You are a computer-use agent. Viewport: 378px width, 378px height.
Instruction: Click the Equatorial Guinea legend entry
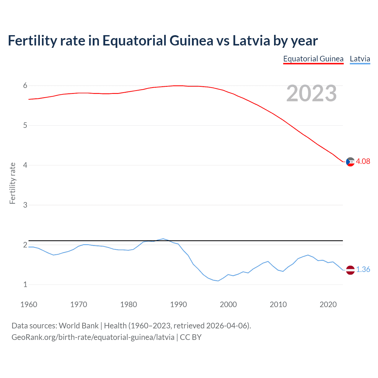point(313,59)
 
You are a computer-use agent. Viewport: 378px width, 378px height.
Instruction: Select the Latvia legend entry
point(360,59)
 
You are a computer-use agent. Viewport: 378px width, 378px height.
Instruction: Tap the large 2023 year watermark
point(312,93)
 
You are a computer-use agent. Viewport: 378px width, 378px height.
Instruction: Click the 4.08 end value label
point(363,161)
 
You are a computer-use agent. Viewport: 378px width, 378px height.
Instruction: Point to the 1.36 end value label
point(363,269)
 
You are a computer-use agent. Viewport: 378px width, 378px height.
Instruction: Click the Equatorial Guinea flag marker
point(350,162)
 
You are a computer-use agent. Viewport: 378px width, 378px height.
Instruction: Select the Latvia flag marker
point(350,270)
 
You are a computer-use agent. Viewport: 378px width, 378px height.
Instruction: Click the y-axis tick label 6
point(25,86)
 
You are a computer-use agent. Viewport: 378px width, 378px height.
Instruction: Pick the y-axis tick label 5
point(25,126)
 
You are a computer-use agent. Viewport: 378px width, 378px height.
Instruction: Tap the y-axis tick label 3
point(25,205)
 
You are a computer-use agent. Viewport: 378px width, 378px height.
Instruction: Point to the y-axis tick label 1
point(25,285)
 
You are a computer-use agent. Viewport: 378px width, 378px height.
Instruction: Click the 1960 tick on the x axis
point(29,304)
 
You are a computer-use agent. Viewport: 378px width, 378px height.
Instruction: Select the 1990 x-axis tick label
point(178,304)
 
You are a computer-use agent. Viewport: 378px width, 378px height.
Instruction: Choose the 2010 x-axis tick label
point(278,304)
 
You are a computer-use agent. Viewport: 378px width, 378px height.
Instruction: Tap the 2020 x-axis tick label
point(328,304)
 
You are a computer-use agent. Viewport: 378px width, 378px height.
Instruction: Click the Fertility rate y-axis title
point(12,183)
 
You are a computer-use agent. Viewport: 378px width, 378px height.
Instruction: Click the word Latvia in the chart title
point(251,40)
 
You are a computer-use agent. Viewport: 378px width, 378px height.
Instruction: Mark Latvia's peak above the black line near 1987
point(163,239)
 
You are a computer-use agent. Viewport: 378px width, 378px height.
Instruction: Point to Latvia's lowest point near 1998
point(218,281)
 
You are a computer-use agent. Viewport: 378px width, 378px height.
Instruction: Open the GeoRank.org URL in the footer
point(93,337)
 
